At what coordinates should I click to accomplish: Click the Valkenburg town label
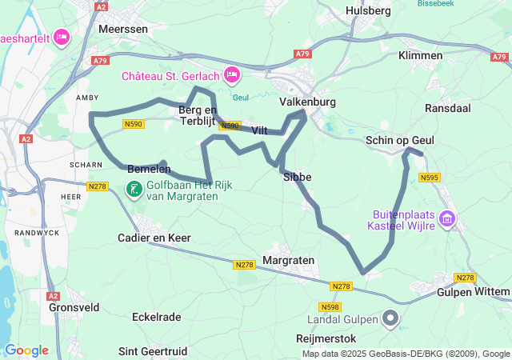[x=307, y=102]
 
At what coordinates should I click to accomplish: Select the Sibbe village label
[x=298, y=177]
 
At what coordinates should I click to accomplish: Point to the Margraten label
[x=288, y=261]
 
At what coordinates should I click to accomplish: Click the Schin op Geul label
[x=399, y=140]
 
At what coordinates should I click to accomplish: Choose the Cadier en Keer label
[x=154, y=238]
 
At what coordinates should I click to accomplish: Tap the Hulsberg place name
[x=368, y=10]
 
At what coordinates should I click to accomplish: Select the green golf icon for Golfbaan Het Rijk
[x=134, y=190]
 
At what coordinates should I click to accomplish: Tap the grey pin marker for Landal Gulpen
[x=390, y=318]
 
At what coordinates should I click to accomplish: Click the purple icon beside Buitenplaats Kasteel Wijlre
[x=446, y=218]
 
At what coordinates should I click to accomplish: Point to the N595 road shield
[x=429, y=178]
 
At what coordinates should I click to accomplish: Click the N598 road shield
[x=329, y=306]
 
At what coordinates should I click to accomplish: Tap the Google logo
[x=26, y=350]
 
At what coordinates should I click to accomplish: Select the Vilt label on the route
[x=259, y=130]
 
